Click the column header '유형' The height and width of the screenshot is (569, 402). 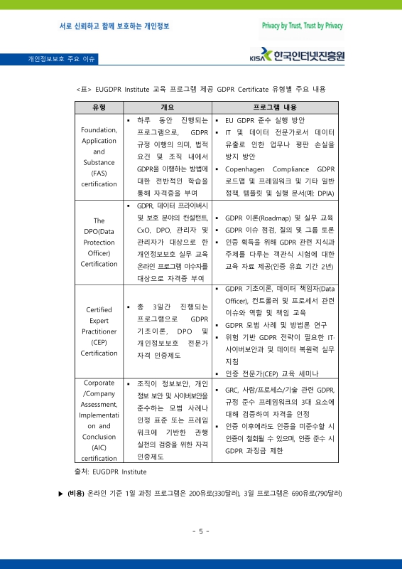99,107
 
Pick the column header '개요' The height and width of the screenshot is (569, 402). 168,107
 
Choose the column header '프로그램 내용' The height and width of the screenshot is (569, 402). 275,107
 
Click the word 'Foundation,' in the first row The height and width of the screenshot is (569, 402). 99,130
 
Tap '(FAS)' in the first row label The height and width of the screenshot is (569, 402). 99,173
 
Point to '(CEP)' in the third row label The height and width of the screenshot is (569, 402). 99,342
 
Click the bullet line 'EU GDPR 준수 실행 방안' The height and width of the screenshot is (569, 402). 264,120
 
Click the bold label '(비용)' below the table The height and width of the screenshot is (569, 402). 75,493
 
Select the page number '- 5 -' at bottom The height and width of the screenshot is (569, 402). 200,531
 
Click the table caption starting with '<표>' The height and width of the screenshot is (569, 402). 200,90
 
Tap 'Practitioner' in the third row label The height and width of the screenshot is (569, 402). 99,331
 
